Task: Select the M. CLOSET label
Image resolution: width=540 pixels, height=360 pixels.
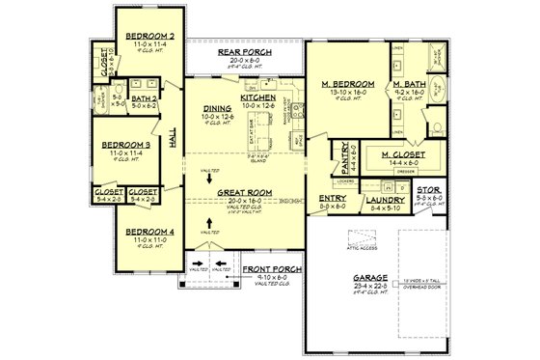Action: [x=404, y=154]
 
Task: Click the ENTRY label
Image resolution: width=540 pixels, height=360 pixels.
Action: [x=333, y=200]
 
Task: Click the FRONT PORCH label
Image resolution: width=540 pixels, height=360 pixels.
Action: [x=273, y=267]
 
